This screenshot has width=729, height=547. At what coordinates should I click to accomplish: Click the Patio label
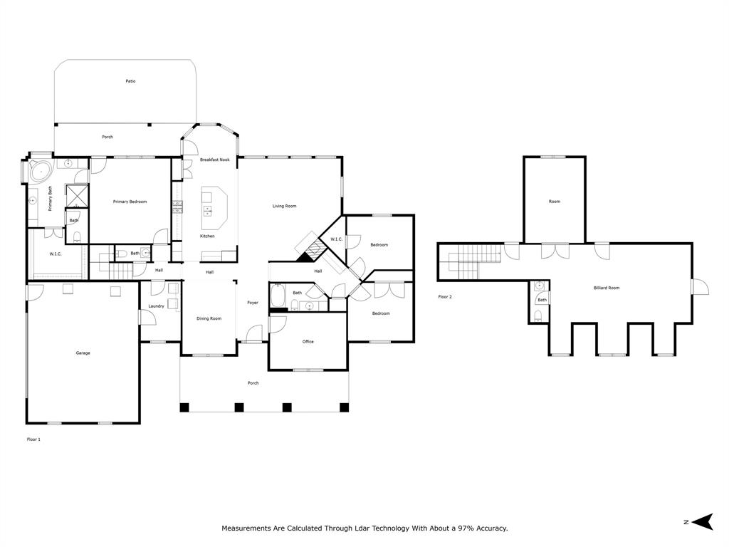130,81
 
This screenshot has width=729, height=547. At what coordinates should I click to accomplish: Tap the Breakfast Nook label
214,160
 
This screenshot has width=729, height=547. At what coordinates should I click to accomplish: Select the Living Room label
284,207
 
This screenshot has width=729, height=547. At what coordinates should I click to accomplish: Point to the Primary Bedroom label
130,202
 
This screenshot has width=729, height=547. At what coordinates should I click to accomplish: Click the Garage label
83,353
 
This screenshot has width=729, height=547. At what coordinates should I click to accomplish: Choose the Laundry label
156,306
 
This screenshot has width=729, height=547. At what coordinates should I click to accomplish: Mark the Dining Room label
209,318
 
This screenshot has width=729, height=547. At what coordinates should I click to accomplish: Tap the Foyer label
253,303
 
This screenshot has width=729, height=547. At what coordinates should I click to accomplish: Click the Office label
308,342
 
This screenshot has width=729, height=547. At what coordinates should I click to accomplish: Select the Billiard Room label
607,288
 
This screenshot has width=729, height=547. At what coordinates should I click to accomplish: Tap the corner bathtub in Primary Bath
39,172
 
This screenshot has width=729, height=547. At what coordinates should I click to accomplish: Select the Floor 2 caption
445,296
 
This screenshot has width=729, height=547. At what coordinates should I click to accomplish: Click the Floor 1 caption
33,439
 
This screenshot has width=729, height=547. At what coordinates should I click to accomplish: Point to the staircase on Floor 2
467,261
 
